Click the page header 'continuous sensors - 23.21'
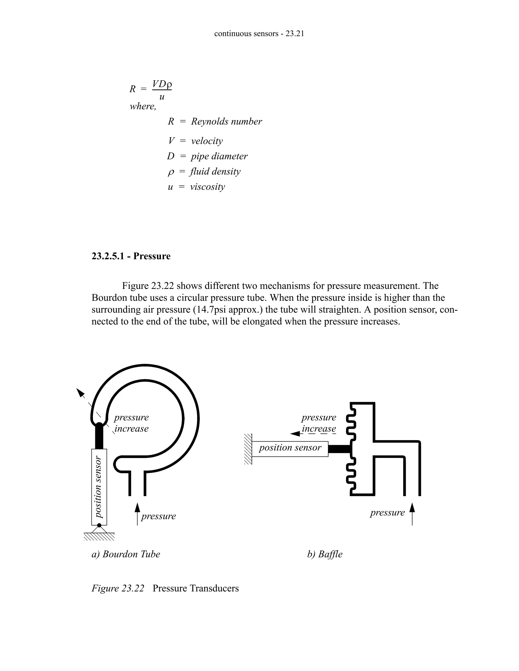point(259,33)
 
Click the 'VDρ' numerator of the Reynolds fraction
point(162,84)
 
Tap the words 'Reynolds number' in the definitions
point(226,121)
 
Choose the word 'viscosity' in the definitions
point(207,187)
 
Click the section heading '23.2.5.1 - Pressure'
point(131,256)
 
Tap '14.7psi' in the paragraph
point(211,309)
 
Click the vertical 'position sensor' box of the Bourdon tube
point(99,487)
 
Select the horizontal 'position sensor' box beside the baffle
point(290,449)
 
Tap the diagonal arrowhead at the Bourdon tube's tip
point(80,393)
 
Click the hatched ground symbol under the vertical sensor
point(99,537)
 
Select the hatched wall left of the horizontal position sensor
point(248,449)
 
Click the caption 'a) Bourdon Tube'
point(126,554)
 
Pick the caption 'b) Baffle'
point(325,554)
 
